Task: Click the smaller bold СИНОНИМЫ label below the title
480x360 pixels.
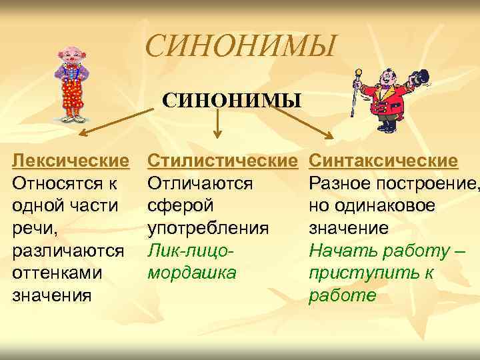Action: click(232, 101)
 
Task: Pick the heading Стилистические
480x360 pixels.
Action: click(222, 161)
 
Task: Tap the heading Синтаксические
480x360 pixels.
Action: click(384, 161)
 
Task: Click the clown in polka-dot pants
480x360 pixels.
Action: click(71, 83)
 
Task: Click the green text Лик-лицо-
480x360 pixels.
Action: click(192, 251)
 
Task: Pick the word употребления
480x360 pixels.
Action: click(208, 229)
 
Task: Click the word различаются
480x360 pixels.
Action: click(69, 251)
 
